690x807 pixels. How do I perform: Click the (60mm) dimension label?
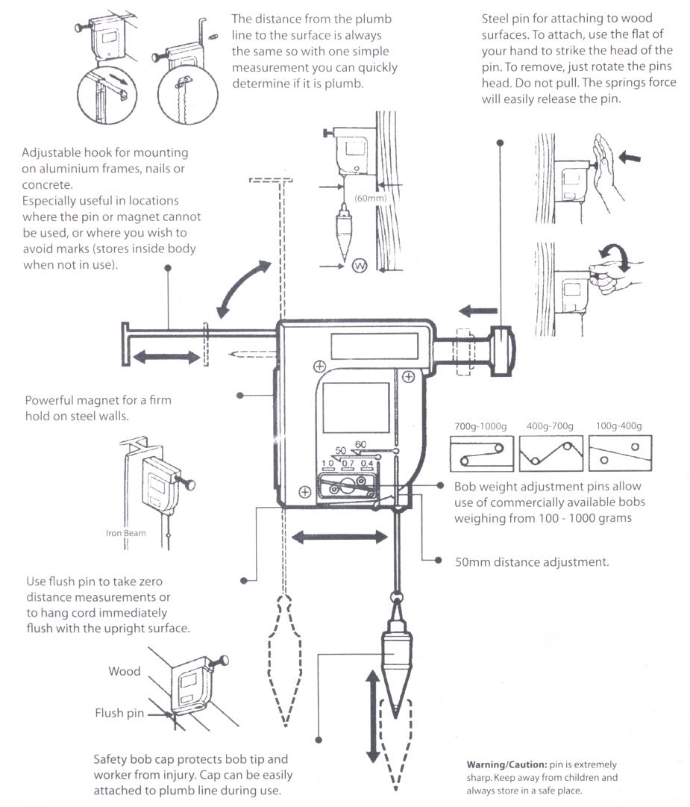coord(370,199)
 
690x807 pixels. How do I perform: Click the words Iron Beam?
coord(125,534)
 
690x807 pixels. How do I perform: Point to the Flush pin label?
coord(119,713)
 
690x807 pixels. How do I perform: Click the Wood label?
coord(125,671)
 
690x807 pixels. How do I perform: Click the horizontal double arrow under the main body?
coord(339,536)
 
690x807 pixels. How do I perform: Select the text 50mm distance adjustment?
coord(532,561)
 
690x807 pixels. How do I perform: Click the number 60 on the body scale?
coord(361,445)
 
